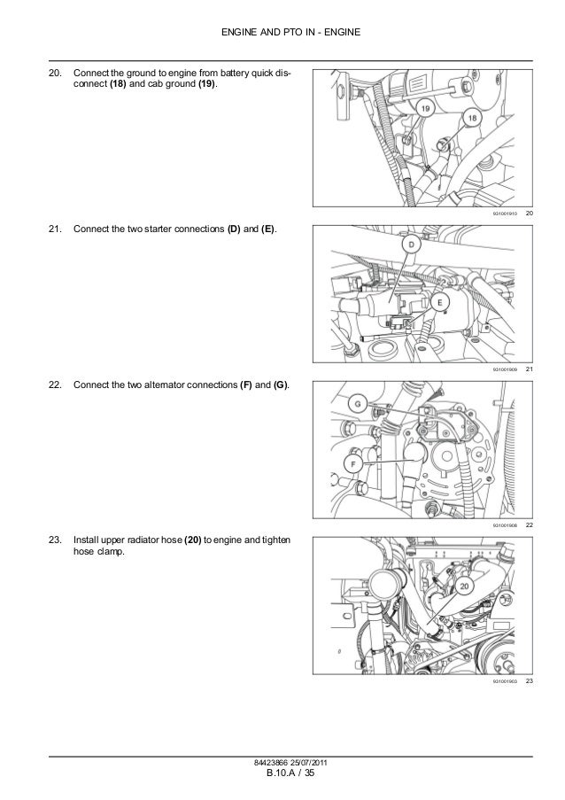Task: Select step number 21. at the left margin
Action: coord(56,230)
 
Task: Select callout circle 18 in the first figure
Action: coord(472,119)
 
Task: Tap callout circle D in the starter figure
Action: coord(411,245)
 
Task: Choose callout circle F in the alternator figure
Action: coord(354,461)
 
